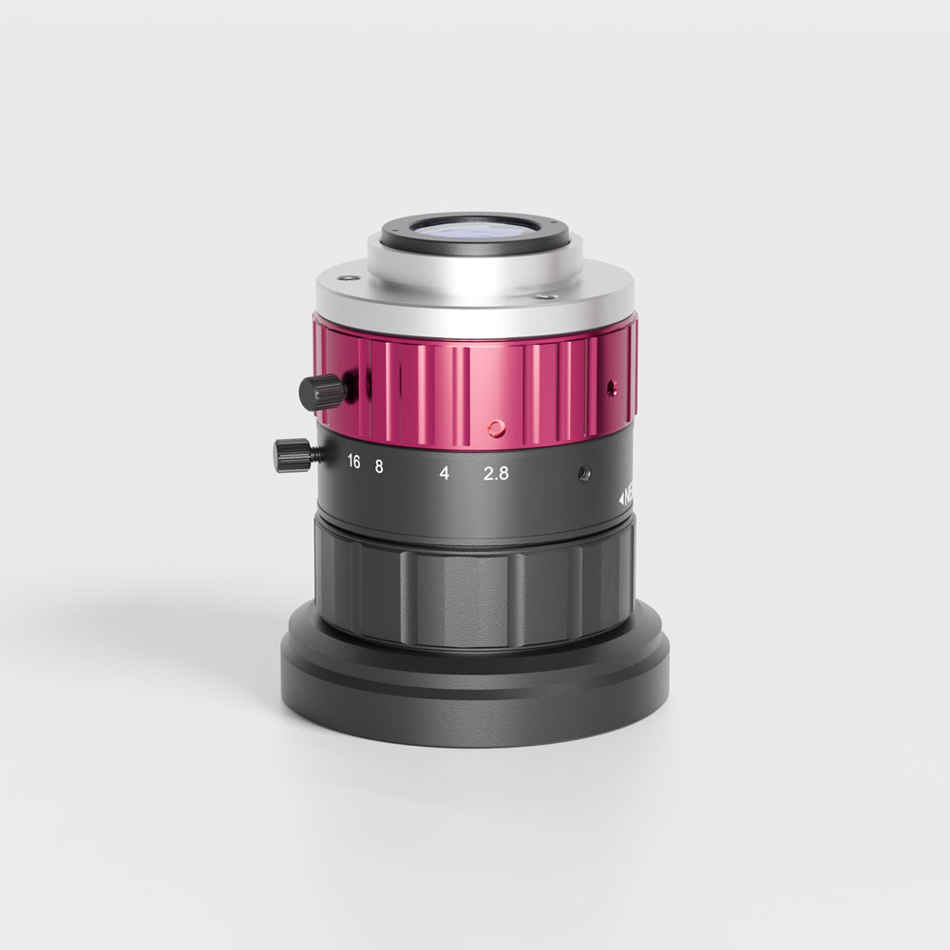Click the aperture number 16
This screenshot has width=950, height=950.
(353, 463)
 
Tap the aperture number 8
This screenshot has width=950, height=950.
(378, 465)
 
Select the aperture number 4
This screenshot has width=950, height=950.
(444, 473)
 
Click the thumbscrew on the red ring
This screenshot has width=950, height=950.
(323, 390)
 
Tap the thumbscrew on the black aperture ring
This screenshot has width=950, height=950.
(293, 454)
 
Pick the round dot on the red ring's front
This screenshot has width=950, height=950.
(494, 428)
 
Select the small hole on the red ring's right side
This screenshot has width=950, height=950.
(613, 386)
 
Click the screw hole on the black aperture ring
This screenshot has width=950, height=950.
(583, 472)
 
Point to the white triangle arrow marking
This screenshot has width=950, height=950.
(619, 496)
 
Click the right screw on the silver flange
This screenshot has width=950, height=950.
(542, 296)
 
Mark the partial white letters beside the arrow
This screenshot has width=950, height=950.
(629, 495)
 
